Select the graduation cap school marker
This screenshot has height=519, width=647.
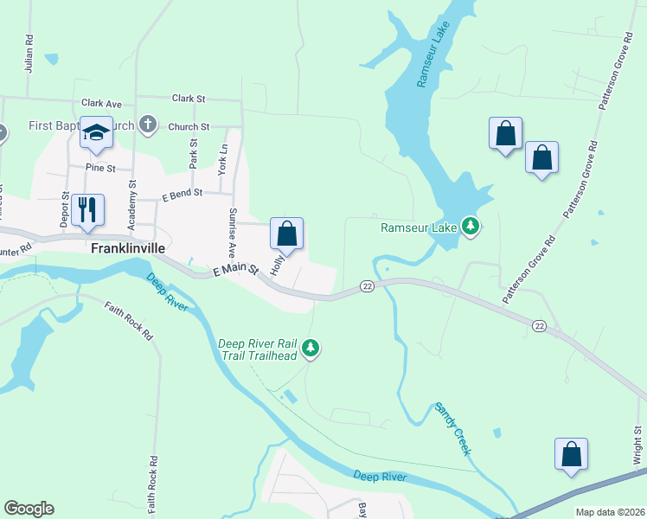pos(96,132)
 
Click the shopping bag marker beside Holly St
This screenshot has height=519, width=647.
pos(287,234)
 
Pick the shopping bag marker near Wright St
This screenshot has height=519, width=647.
pos(571,454)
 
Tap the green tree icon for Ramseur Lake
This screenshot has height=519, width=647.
pos(471,227)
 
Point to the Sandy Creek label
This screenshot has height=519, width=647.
pos(453,429)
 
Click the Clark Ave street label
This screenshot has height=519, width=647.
pos(101,103)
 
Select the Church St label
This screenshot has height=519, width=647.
pos(189,126)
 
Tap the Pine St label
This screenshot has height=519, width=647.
pos(100,168)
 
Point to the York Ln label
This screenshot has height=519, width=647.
pos(223,159)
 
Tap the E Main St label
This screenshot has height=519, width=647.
pos(236,271)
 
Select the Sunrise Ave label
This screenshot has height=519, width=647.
pos(233,233)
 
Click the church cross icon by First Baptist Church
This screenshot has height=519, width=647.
pos(148,124)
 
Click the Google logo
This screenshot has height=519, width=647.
pos(29,509)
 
